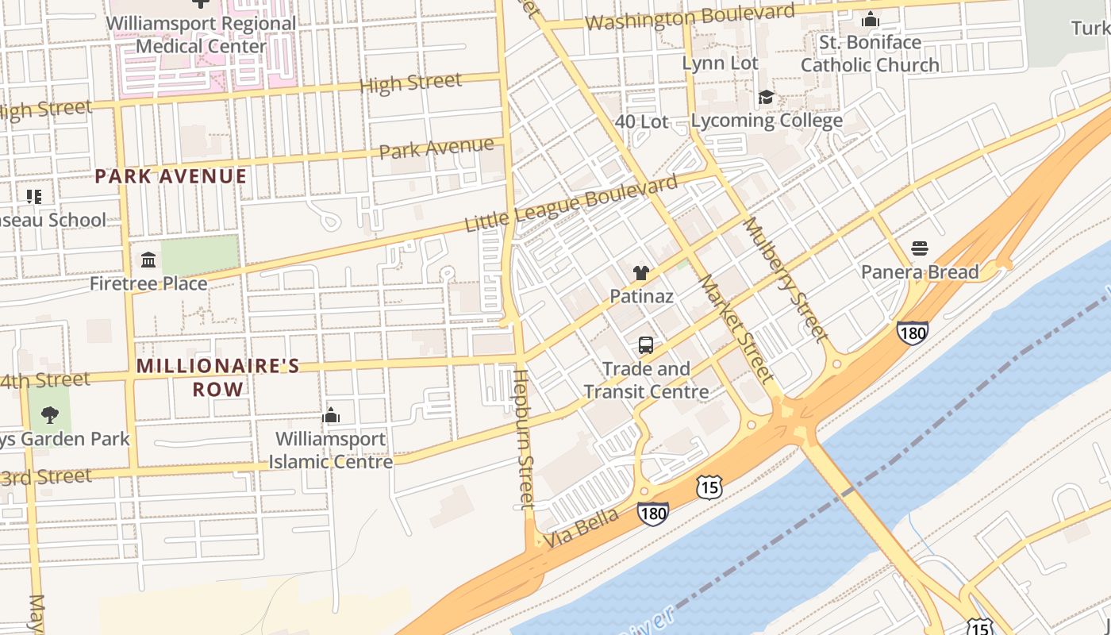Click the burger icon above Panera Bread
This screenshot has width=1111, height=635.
click(x=920, y=248)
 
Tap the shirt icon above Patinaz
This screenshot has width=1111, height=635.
click(x=641, y=273)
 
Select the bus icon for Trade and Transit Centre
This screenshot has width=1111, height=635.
click(x=646, y=345)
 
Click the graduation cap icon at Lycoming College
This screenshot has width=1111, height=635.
click(x=766, y=97)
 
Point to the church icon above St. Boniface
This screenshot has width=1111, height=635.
click(x=871, y=19)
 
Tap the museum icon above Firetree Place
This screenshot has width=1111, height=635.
click(x=148, y=260)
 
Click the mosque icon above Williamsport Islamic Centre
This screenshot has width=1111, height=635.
click(x=331, y=415)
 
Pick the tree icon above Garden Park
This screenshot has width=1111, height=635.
click(x=49, y=414)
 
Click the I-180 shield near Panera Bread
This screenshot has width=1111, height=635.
click(x=913, y=332)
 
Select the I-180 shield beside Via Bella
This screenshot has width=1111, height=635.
click(x=652, y=514)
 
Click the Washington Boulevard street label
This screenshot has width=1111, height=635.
click(x=690, y=17)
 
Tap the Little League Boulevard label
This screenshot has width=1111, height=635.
click(x=571, y=203)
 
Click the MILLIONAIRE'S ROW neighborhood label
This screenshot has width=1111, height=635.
click(x=218, y=377)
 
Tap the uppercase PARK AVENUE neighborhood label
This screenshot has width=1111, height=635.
click(x=171, y=176)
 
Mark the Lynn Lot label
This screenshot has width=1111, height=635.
click(x=721, y=63)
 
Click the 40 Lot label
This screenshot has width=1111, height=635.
click(x=642, y=121)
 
